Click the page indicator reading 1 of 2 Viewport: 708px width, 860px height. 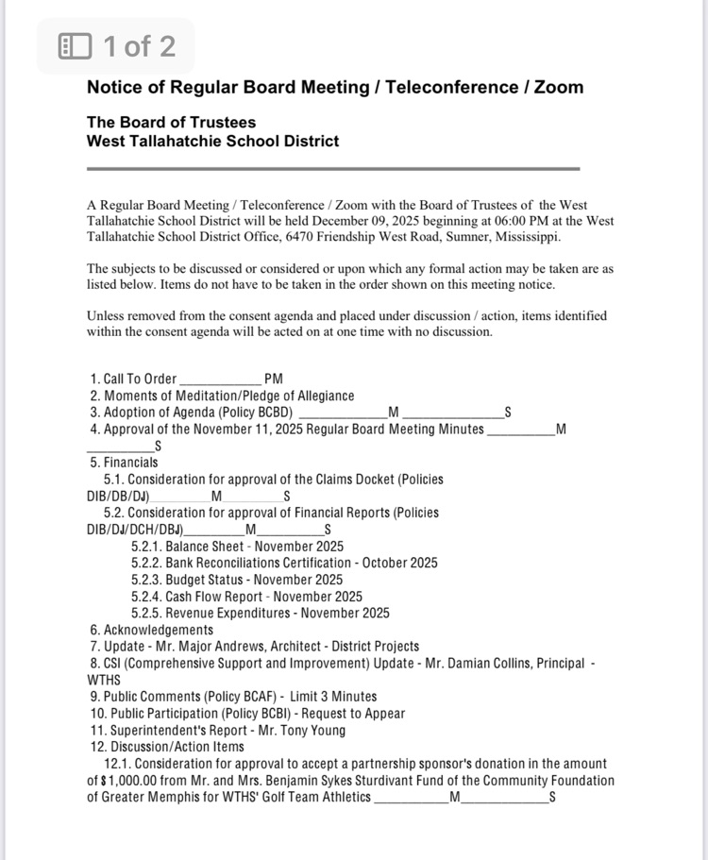[139, 45]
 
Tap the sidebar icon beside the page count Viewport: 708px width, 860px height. [76, 45]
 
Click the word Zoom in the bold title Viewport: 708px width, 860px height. [558, 88]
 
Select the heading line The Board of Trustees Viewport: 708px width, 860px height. [171, 123]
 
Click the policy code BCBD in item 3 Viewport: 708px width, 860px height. [271, 413]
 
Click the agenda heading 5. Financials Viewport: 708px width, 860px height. [124, 463]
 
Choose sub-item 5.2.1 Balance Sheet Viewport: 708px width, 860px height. [237, 547]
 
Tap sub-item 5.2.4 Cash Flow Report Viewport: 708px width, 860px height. [246, 597]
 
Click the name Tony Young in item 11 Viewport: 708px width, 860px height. [310, 730]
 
